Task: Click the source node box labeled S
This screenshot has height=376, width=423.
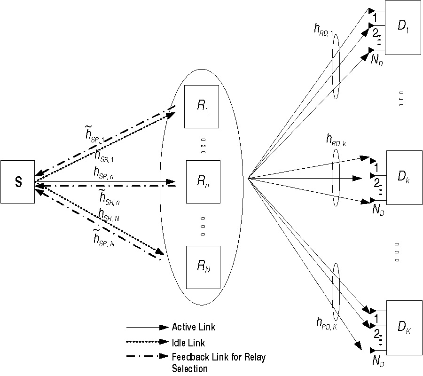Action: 17,182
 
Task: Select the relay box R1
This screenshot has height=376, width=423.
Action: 202,107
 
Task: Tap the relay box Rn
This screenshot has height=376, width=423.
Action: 203,181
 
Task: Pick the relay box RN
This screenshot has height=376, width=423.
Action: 203,267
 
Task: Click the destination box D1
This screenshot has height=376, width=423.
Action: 403,26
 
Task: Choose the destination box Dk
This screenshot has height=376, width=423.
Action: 403,177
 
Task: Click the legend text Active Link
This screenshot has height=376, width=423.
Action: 194,327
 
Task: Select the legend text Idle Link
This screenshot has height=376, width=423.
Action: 188,343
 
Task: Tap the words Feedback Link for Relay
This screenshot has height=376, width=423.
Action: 219,357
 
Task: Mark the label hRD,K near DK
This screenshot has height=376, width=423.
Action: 326,323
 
